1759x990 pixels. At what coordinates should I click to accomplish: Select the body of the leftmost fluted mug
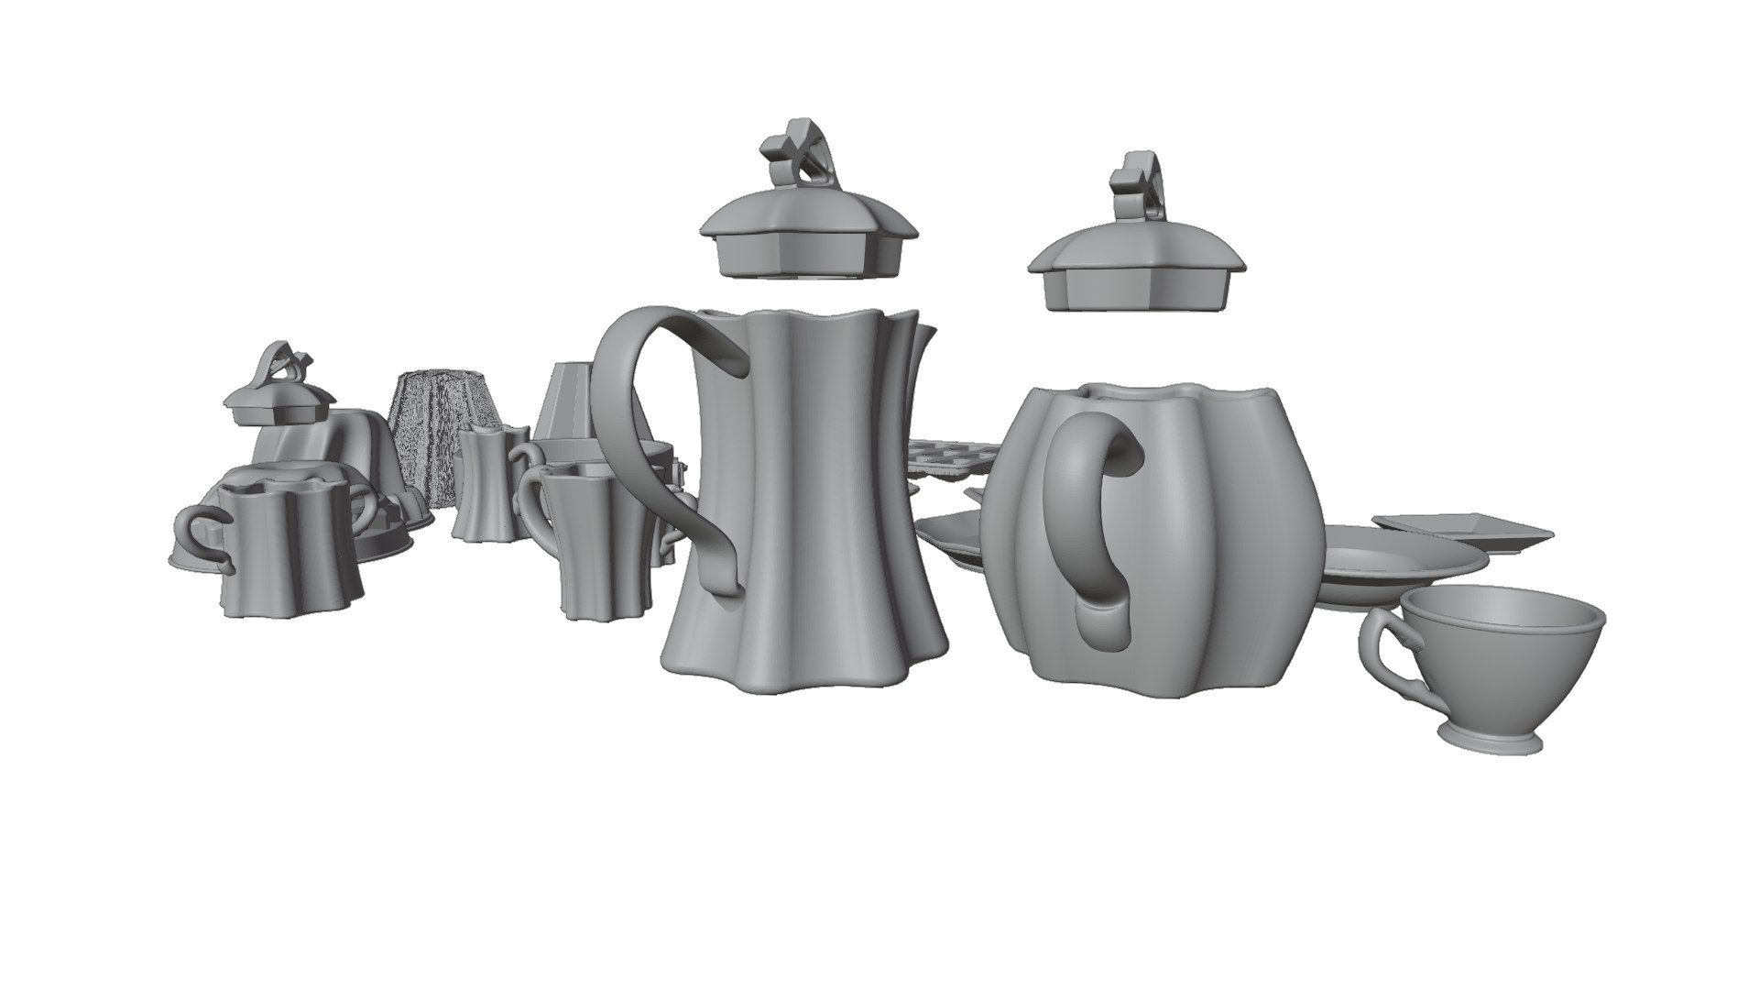point(289,550)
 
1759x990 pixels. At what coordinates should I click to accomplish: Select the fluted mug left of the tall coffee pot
point(595,541)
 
